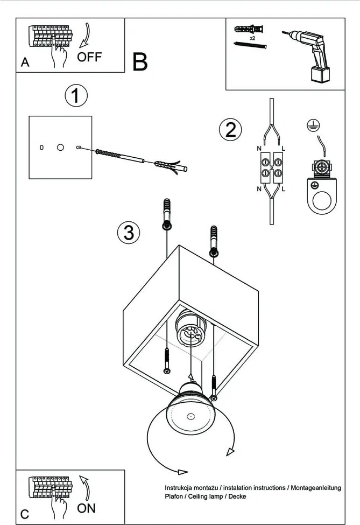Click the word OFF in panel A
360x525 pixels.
coord(89,57)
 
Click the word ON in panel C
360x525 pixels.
coord(86,507)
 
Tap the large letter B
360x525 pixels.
coord(139,62)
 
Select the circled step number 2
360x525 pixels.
coord(230,130)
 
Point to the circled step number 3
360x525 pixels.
coord(129,233)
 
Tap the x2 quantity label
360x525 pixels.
coord(252,39)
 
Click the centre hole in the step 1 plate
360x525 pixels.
coord(60,147)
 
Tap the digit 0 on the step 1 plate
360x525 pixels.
coord(41,147)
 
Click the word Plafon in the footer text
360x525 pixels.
coord(175,496)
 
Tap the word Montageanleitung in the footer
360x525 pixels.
coord(315,488)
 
